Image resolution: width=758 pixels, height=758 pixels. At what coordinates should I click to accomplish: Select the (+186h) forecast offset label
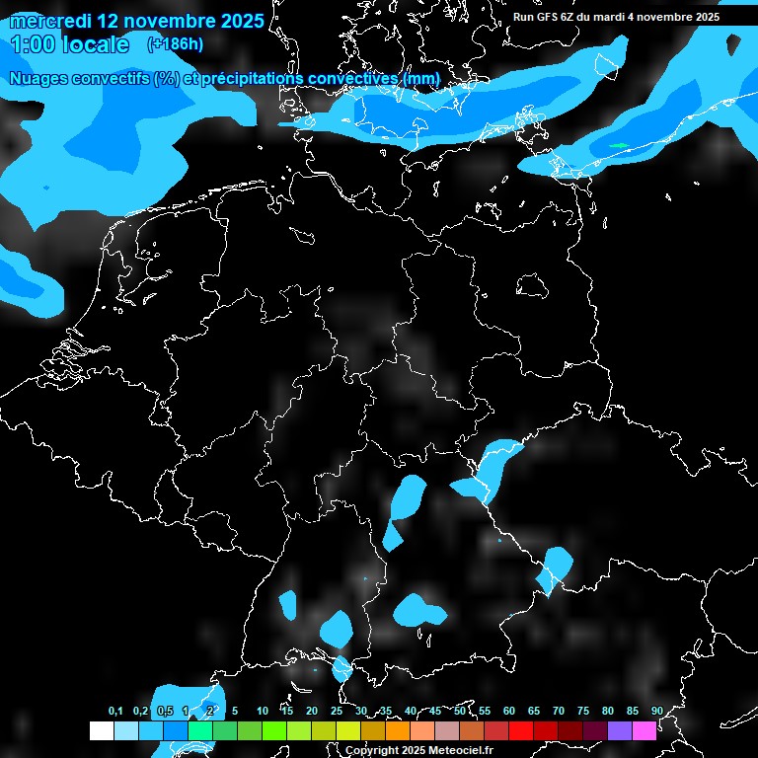175,44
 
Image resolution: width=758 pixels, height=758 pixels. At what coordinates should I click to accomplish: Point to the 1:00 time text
31,44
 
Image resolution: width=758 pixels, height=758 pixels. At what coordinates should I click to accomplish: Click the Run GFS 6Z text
549,17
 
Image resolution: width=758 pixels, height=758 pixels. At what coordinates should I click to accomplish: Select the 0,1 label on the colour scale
115,711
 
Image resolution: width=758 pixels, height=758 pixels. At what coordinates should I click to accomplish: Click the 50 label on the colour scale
460,711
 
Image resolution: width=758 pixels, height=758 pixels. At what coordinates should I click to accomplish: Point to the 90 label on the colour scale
657,711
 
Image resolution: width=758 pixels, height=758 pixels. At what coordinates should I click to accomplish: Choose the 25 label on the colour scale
337,711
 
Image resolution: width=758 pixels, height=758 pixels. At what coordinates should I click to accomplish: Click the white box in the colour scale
102,730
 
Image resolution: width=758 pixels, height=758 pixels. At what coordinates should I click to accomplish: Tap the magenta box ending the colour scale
644,730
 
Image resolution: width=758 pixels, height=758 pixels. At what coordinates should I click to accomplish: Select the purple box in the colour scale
619,730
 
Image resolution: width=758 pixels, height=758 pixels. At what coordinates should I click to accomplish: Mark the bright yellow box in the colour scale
348,730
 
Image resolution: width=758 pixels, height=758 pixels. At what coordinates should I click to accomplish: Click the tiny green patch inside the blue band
619,146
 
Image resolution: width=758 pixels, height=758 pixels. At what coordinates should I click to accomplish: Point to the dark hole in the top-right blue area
733,44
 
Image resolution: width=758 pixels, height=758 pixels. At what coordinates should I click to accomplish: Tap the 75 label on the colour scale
583,711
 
